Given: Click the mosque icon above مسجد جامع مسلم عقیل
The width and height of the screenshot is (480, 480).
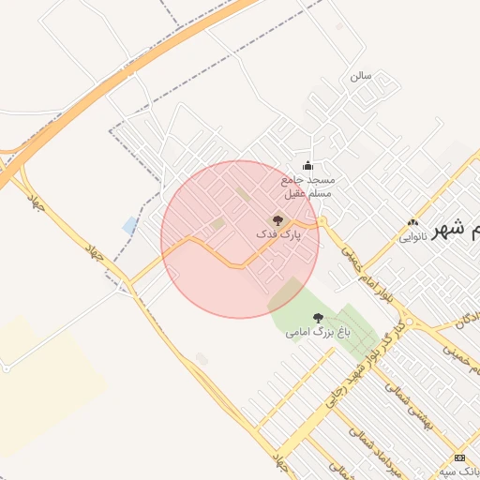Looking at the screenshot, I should (307, 166).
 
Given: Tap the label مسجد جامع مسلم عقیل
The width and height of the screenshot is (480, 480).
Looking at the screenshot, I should (308, 186).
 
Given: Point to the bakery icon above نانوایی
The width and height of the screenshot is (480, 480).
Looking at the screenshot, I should (412, 223).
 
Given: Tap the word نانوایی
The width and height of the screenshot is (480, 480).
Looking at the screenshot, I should (412, 237).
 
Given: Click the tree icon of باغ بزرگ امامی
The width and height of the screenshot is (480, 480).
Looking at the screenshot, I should (317, 319).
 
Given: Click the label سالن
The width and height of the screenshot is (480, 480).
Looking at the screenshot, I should (361, 74).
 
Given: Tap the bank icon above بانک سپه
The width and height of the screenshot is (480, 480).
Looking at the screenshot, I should (459, 457).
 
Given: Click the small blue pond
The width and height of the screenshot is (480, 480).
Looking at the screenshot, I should (129, 225).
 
